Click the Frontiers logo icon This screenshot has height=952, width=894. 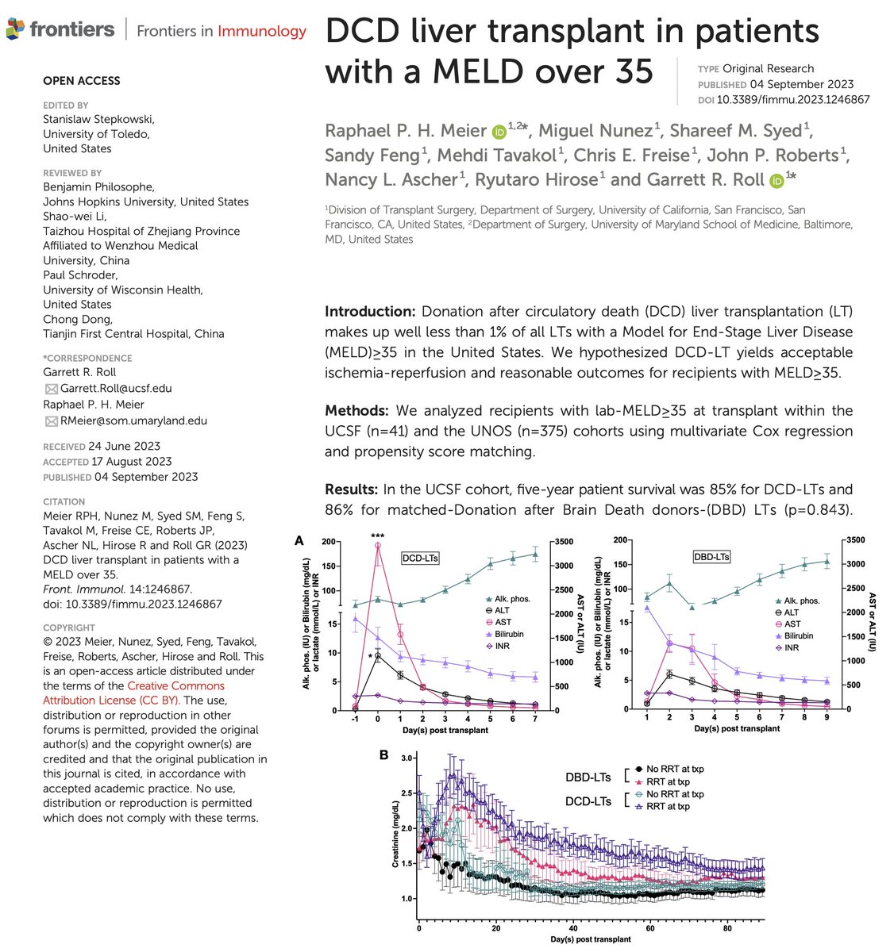coord(15,30)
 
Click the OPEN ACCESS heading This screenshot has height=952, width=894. coord(81,81)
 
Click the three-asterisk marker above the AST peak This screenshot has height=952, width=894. coord(378,537)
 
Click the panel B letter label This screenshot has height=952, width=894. coord(383,754)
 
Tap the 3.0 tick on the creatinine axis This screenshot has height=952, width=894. coord(407,759)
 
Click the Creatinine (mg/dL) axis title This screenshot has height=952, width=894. coord(395,830)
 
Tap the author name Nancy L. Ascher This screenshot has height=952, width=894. coord(391,179)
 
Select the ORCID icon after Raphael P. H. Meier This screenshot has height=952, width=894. coord(499,132)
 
